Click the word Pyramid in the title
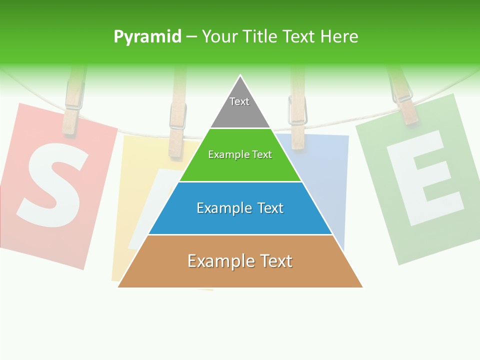click(147, 37)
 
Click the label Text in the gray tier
click(239, 101)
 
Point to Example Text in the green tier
click(240, 154)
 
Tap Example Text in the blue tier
click(240, 208)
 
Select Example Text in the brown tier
click(240, 261)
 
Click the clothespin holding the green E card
click(402, 97)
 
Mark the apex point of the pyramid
click(240, 76)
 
